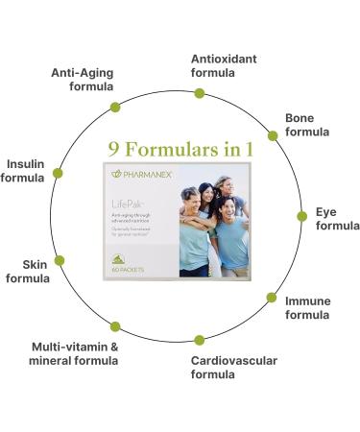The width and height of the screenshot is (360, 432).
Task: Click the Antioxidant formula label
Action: click(x=224, y=65)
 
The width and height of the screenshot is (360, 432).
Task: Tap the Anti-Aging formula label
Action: click(x=83, y=79)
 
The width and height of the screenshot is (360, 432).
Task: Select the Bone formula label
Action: click(x=306, y=125)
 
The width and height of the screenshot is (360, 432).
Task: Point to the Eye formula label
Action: click(x=337, y=219)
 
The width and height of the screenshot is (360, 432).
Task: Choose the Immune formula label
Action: click(x=307, y=308)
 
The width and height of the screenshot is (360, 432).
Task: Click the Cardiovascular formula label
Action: click(x=233, y=367)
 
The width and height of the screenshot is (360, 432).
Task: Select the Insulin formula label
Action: click(x=23, y=170)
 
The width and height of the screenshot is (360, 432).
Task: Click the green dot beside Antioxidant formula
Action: click(x=200, y=93)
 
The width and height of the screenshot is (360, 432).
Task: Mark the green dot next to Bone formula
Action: click(x=273, y=135)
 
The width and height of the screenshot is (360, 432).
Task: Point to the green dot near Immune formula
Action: click(x=272, y=298)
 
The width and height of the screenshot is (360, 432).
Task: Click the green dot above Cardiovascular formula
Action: click(x=200, y=340)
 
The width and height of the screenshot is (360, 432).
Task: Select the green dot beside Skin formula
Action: click(x=60, y=260)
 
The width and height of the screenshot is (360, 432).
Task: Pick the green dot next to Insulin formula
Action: click(x=58, y=174)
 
